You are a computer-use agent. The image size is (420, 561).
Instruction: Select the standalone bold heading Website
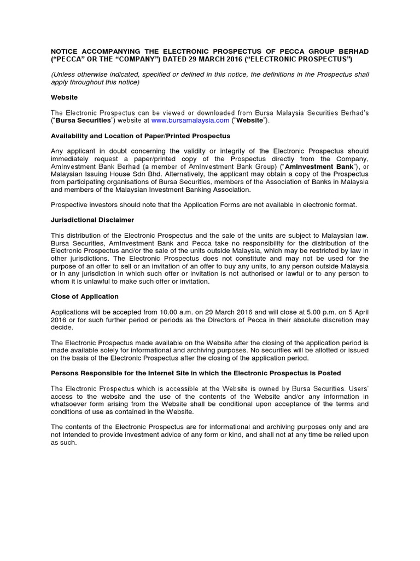click(x=65, y=97)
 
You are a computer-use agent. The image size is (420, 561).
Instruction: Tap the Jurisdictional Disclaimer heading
click(x=92, y=220)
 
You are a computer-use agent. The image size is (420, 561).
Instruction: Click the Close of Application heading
click(x=85, y=296)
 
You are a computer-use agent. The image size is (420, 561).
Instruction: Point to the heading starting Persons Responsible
click(x=196, y=373)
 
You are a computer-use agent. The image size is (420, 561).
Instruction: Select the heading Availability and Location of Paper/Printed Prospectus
click(x=141, y=135)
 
